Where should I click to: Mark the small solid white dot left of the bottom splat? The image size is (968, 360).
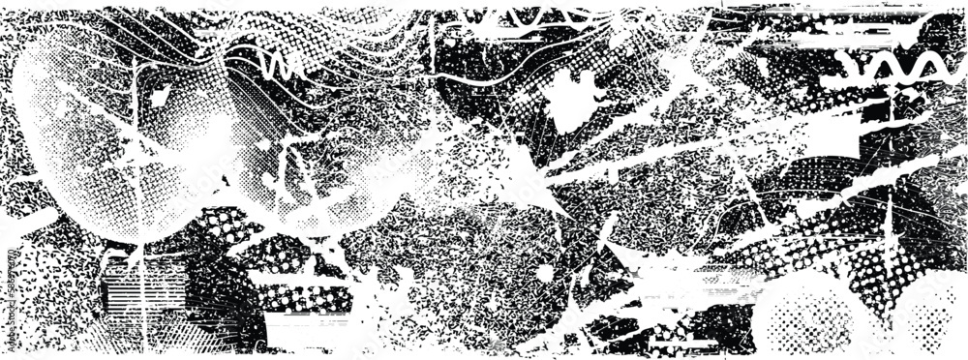pos(545,274)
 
